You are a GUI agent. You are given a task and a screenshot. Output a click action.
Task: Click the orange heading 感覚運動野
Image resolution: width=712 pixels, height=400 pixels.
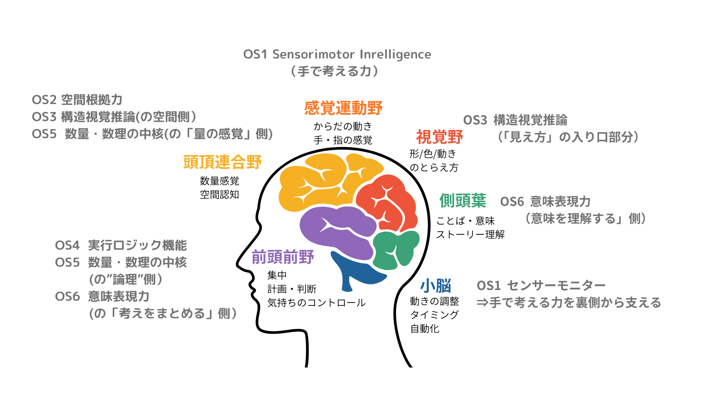(x=343, y=108)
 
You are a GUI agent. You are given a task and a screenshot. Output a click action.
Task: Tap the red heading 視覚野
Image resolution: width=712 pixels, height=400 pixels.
(x=439, y=137)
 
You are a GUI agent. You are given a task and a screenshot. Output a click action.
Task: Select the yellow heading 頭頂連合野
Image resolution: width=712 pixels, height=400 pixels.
(x=222, y=162)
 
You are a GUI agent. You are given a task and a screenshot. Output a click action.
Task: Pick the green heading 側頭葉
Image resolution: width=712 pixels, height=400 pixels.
(x=463, y=201)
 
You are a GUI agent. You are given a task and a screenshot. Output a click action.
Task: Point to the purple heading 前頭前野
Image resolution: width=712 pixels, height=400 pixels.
(x=283, y=257)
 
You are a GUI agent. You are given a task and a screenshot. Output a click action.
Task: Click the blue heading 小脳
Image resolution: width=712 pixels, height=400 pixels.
(x=436, y=286)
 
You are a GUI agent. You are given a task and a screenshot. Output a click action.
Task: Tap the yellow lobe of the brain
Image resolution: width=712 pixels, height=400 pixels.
(x=319, y=181)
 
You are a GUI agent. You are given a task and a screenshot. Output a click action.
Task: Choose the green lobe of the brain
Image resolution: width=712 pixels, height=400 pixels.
(x=395, y=248)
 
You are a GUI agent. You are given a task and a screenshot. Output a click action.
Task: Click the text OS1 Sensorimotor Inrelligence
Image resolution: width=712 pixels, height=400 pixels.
(x=337, y=54)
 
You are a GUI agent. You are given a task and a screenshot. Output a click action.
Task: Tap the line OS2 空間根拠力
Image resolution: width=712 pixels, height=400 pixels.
(x=77, y=100)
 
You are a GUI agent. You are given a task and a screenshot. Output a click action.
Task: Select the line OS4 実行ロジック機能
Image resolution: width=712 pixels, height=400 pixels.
(x=121, y=245)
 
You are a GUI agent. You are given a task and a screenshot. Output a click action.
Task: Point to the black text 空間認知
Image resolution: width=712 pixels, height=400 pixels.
(x=219, y=194)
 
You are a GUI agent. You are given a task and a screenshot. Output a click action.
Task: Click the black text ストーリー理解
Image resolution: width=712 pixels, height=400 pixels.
(x=470, y=234)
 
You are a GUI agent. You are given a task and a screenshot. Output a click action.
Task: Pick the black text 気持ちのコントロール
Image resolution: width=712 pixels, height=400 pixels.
(x=316, y=303)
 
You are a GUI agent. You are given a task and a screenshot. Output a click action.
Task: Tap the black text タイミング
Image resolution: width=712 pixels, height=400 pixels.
(x=434, y=315)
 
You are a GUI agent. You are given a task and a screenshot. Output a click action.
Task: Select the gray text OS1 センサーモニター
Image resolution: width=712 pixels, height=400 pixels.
(x=541, y=286)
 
